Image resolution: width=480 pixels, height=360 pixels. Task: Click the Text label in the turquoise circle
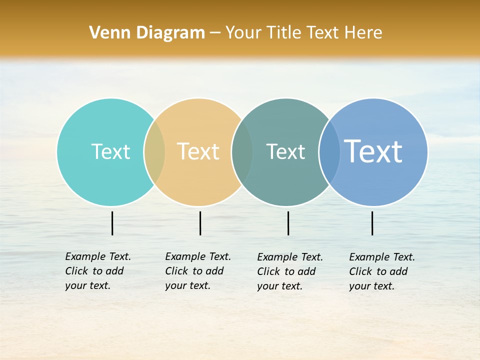coord(110,151)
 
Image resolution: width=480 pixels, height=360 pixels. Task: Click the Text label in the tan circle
coord(198,151)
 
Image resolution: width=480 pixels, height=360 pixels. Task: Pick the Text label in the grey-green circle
coord(285,151)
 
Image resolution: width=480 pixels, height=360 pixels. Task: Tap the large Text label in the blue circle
coord(373,151)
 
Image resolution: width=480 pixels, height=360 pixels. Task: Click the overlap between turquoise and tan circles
coord(154,152)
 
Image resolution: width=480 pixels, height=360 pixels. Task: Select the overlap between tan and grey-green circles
coord(242,152)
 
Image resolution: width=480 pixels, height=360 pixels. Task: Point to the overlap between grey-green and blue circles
coord(329,152)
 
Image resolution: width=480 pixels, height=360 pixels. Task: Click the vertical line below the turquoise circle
coord(112,223)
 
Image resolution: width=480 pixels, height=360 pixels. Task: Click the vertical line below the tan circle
coord(200,223)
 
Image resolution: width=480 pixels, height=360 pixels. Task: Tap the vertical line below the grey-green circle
coord(288,223)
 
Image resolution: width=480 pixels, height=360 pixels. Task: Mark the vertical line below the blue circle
coord(372,223)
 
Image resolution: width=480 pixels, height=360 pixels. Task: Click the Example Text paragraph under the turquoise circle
coord(97,271)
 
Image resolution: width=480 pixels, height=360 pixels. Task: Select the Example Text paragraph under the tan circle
coord(197,271)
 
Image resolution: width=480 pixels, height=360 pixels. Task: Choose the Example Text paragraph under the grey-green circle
coord(289,271)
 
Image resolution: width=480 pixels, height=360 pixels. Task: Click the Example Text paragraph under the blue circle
coord(381,271)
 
